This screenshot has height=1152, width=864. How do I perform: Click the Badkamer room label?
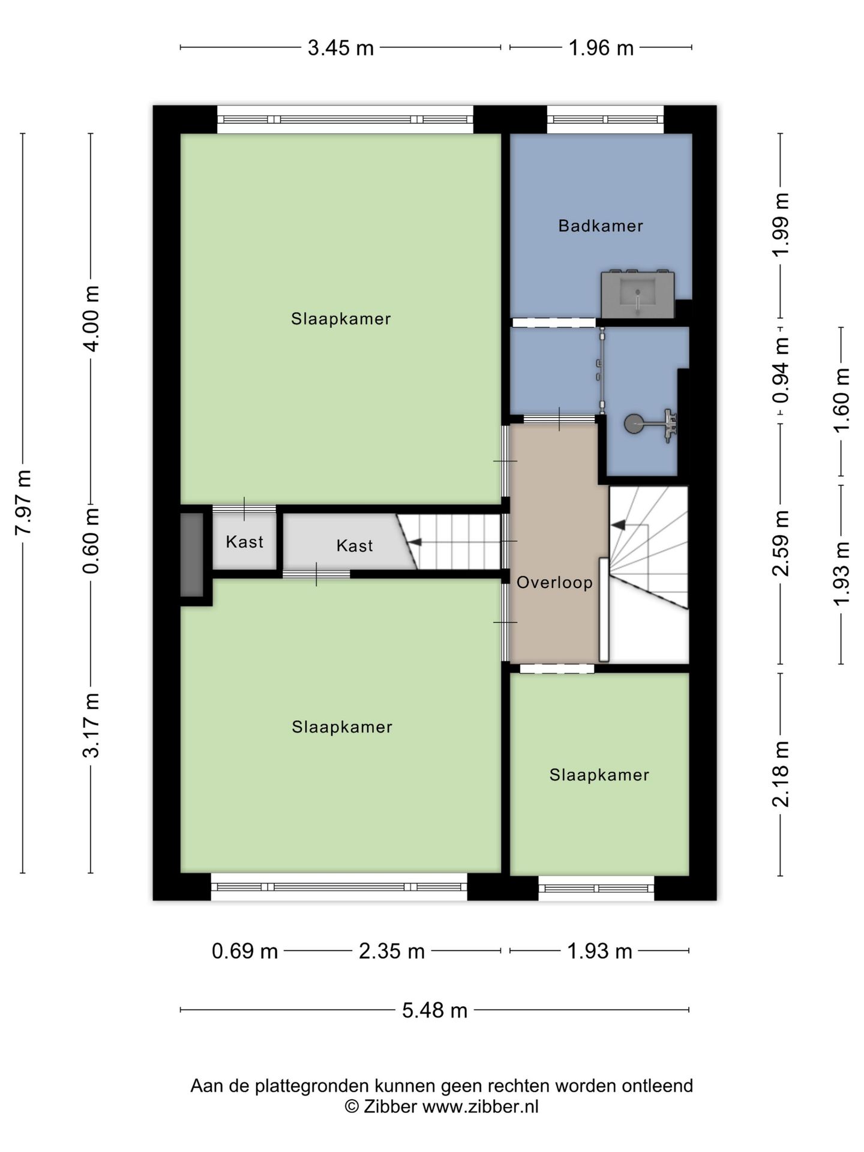tap(601, 226)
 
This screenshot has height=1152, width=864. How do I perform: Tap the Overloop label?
tap(554, 582)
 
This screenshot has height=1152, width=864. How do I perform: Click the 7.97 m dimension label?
tap(23, 502)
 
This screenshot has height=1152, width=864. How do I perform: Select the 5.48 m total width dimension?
tap(434, 1010)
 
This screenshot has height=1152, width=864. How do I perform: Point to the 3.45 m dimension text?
tap(341, 48)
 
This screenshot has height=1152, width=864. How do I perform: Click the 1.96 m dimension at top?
tap(601, 48)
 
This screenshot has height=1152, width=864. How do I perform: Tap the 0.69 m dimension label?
tap(245, 952)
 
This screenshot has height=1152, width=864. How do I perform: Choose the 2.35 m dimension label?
tap(392, 952)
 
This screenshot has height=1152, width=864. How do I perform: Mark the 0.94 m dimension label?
tap(781, 370)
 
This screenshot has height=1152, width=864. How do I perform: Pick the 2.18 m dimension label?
tap(781, 774)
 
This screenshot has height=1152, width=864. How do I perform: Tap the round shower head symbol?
tap(632, 424)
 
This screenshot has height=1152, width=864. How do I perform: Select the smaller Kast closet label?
tap(245, 542)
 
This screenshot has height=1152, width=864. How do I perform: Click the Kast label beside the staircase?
tap(355, 545)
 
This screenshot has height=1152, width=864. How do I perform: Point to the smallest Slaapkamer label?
tap(599, 775)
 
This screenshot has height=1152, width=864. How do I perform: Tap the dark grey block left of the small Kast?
tap(192, 554)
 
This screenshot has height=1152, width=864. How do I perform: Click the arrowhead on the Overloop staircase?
tap(618, 525)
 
